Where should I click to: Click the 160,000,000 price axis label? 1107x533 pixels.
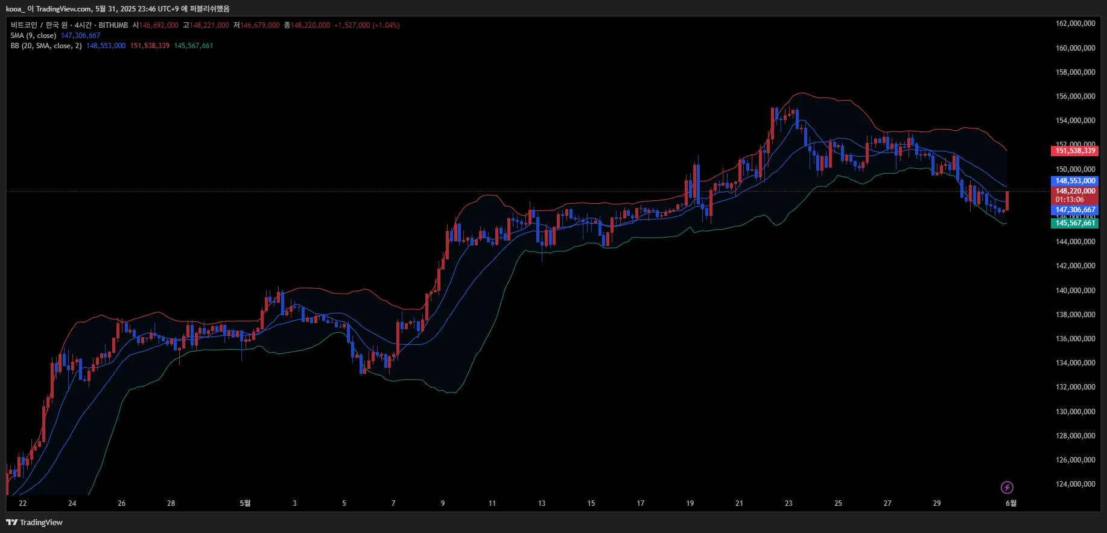(1075, 48)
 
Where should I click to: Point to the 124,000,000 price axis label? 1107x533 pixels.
(1075, 484)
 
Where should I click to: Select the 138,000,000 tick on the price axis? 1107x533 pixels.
(1075, 315)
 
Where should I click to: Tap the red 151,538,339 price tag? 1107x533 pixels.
(1075, 151)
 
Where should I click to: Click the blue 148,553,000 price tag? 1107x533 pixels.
(1075, 181)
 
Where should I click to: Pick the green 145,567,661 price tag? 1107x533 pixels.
(1075, 223)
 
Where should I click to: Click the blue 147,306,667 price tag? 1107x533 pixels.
(1075, 210)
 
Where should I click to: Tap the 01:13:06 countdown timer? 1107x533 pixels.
(1069, 200)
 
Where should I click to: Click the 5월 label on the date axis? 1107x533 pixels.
(245, 503)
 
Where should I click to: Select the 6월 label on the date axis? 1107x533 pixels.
(1010, 503)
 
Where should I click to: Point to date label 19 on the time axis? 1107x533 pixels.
(690, 503)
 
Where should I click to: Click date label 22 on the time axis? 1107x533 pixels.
(23, 503)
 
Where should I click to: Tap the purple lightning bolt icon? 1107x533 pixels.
(1007, 487)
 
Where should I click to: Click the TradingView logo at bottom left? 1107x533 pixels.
(34, 522)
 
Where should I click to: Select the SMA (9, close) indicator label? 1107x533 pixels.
(33, 36)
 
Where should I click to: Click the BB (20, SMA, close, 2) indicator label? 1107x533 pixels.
(46, 46)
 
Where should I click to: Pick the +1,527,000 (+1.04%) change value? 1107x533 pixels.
(367, 25)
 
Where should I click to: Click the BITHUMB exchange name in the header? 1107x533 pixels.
(113, 25)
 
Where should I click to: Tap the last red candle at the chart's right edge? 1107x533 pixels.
(1007, 201)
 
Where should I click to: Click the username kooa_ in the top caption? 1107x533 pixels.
(15, 9)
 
